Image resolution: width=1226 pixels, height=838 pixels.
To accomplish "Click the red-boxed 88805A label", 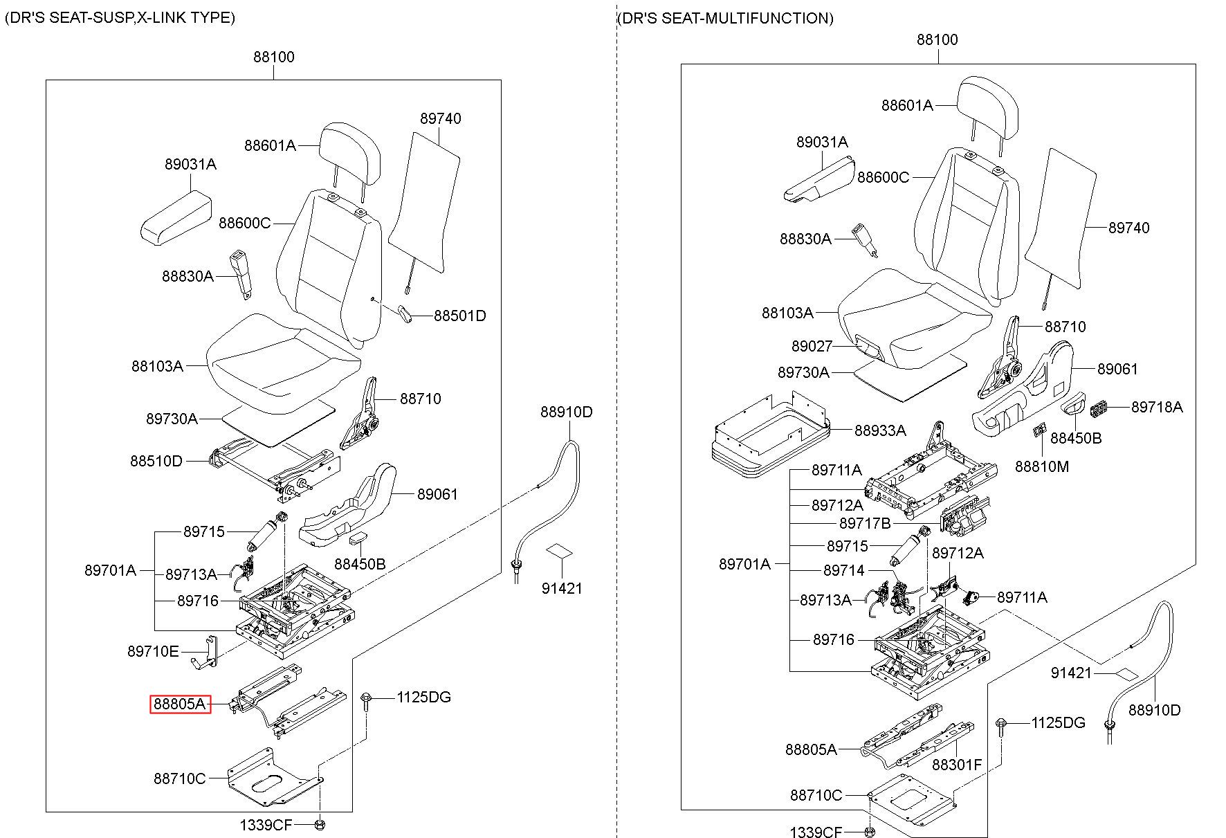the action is pos(181,704).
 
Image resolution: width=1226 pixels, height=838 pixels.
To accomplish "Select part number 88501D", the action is pos(460,316).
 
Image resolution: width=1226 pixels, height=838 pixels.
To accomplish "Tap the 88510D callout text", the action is pos(156,461).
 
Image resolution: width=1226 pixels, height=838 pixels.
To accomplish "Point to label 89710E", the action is pos(153,651).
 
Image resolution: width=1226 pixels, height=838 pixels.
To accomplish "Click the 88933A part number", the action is pos(880,430).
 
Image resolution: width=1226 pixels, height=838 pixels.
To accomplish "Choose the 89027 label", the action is pos(812,346).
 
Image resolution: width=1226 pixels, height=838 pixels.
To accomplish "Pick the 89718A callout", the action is pos(1157,407).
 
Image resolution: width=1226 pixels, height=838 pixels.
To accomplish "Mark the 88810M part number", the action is pos(1042,466).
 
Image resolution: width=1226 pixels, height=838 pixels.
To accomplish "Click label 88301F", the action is pos(957,765).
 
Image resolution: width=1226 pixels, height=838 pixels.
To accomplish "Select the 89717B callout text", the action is pos(865,523).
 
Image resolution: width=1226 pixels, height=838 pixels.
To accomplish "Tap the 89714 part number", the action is pos(844,570).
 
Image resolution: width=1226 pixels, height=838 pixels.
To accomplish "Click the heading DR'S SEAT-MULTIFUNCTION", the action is pos(725,18).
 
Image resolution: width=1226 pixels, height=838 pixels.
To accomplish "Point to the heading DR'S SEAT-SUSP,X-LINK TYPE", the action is pos(120,17).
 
